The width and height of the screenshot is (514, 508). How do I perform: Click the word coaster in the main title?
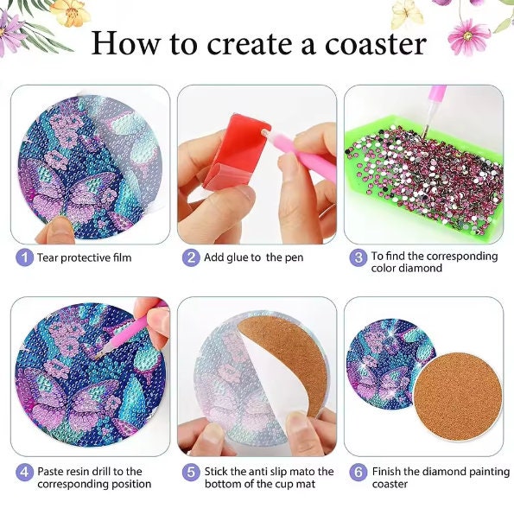coord(376,43)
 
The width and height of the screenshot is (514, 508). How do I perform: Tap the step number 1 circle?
coord(24,257)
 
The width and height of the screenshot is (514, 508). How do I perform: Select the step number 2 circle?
coord(191,257)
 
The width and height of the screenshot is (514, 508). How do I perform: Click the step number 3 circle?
coord(358,257)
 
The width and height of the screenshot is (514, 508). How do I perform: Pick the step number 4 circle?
coord(24,473)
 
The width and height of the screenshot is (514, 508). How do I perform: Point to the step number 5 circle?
coord(191,473)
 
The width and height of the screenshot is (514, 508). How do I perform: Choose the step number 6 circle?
coord(358,473)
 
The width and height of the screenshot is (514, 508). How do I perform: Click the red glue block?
coord(236,152)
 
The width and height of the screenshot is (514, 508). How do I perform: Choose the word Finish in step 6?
coord(386,472)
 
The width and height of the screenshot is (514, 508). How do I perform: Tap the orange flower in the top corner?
coord(71,12)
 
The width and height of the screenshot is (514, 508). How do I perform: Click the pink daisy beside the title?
coord(468,36)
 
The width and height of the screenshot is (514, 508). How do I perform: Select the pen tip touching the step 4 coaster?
coord(98,356)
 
